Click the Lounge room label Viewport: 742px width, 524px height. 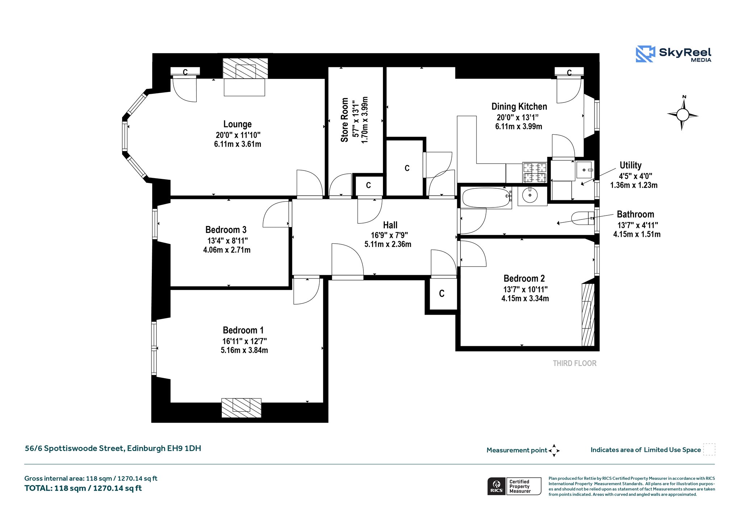tap(237, 124)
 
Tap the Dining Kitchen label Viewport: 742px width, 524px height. tap(519, 106)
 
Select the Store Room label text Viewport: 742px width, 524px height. tap(345, 120)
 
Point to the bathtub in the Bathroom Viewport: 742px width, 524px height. tap(487, 198)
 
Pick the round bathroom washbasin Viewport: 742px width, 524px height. tap(530, 196)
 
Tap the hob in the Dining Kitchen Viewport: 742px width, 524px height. tap(534, 172)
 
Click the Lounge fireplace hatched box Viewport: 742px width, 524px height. tap(245, 68)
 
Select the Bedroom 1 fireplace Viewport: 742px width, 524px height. tap(241, 408)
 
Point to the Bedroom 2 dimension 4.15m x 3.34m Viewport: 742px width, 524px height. tap(525, 298)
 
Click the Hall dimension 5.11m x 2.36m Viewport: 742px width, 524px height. tap(388, 244)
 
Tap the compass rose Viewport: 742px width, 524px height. tap(683, 114)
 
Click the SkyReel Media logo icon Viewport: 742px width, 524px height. tap(645, 54)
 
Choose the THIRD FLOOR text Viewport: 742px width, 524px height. tap(575, 363)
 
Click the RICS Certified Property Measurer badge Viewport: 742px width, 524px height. tap(514, 486)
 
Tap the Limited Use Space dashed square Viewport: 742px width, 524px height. tap(709, 449)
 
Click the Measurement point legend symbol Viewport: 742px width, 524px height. tap(554, 450)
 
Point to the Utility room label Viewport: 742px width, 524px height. tap(630, 165)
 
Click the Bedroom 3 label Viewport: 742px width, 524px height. tap(226, 230)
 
